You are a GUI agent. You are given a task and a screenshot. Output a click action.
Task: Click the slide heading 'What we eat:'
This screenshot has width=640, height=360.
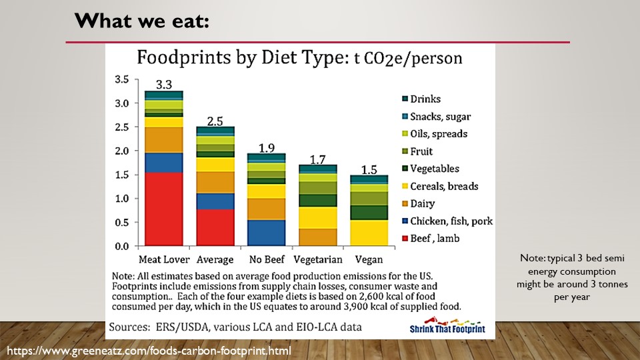coord(142,21)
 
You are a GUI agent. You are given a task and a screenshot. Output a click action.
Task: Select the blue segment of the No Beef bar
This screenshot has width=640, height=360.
coord(267,233)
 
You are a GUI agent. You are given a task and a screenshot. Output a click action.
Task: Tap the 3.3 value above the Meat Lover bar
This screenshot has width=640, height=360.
coord(164,85)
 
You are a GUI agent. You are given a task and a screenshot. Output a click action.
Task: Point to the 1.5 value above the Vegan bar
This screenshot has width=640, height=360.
coord(369,169)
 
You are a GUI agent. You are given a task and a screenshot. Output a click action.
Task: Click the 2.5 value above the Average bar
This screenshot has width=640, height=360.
coord(215,121)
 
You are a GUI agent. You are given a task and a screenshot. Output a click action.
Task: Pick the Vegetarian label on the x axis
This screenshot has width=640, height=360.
coord(317,259)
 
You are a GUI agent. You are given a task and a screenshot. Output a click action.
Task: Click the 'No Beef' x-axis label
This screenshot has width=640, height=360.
coord(267,259)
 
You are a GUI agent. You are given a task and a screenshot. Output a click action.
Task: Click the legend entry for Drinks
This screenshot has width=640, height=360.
coord(425,99)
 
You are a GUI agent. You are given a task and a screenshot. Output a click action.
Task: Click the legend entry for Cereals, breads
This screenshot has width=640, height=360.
coord(444,186)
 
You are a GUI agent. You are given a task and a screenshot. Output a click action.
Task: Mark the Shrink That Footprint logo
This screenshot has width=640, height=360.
coord(447,324)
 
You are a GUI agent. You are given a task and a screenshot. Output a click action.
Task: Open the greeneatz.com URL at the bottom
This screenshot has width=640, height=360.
coord(149,350)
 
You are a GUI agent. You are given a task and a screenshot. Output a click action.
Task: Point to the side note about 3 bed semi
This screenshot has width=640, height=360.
coord(573,277)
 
